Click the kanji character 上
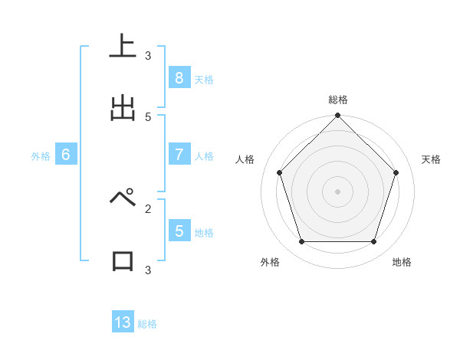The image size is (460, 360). coord(123,47)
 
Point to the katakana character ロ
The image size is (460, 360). coord(123,260)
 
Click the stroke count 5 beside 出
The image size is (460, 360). coord(148,116)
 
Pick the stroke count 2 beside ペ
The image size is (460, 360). coord(148,208)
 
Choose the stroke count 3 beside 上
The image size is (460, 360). coord(148,55)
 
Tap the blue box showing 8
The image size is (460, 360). coord(179,77)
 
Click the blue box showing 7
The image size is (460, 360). coord(179,154)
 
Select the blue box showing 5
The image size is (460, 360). coord(179,231)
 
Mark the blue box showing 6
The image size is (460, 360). coord(66,154)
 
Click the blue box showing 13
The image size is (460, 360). coord(123,322)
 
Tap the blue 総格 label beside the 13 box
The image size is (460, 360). coord(147,324)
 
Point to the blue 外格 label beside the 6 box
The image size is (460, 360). coord(41,156)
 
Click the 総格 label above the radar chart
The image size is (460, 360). coord(338,100)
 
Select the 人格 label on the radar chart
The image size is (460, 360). coord(245,159)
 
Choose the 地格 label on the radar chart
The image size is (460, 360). coord(402,262)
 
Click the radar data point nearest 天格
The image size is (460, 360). coord(396,172)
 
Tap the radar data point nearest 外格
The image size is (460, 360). coord(301,242)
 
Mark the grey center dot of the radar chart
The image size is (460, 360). coord(338,191)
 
